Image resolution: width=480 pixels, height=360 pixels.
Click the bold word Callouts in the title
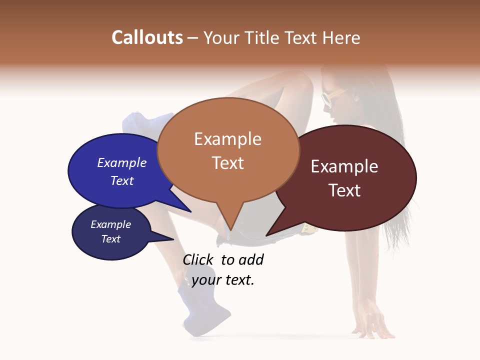pos(147,37)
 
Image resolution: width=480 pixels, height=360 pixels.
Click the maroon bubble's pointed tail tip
pos(266,235)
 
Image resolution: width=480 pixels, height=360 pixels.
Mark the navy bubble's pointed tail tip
pos(173,239)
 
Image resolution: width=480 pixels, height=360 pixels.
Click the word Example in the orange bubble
pos(227,139)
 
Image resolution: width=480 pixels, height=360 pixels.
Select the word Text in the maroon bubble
pos(344,190)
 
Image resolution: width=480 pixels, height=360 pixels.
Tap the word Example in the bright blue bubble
pos(121,162)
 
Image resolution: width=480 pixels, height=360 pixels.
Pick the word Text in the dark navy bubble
pos(110,239)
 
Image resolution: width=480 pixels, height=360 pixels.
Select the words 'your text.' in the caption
pos(223,280)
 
